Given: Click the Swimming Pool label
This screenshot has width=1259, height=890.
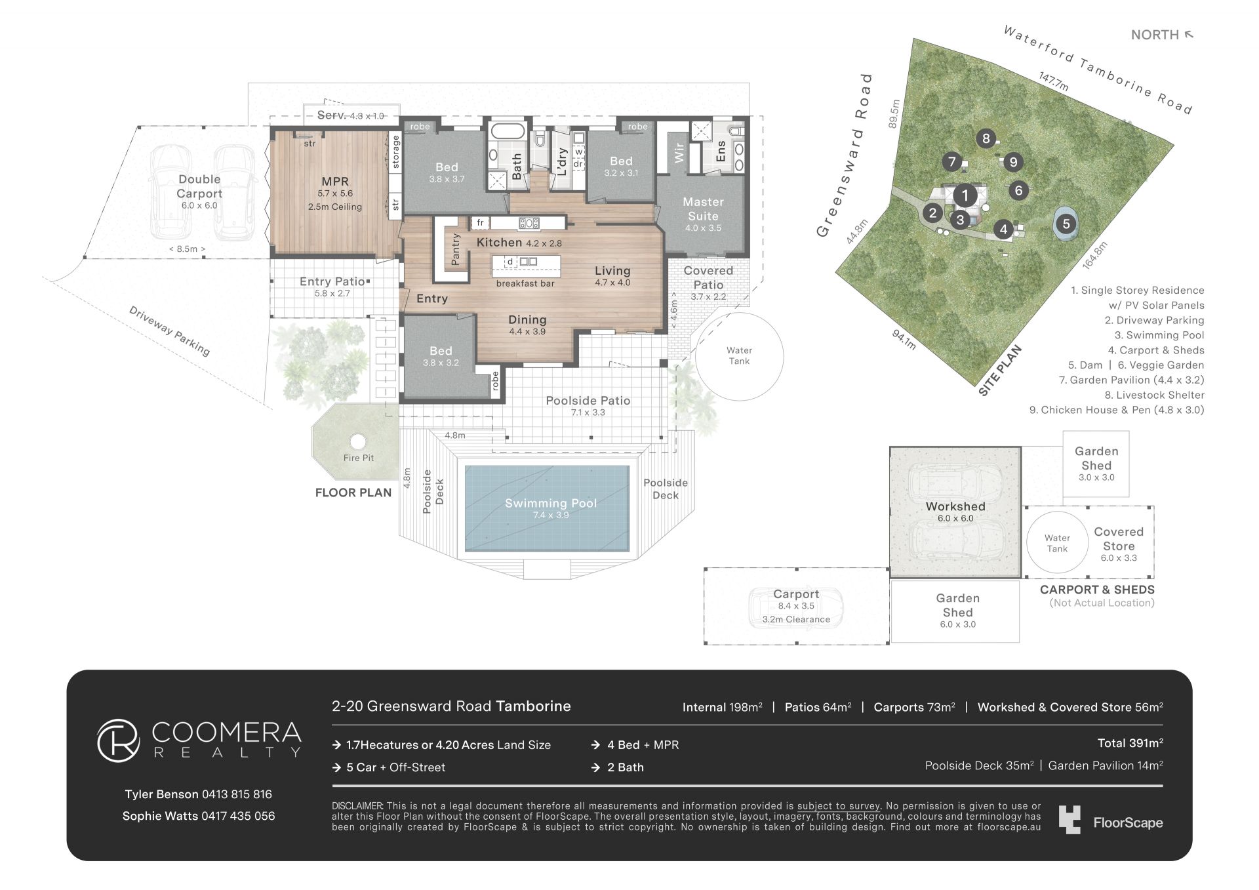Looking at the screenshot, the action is click(x=551, y=503).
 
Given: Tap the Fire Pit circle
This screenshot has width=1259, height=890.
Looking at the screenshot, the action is click(x=358, y=441).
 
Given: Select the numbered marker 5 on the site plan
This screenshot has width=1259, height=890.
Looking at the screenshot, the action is click(x=1066, y=224).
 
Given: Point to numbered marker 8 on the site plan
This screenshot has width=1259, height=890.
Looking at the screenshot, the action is click(x=986, y=138).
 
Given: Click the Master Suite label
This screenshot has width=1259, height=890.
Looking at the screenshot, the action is click(x=703, y=209).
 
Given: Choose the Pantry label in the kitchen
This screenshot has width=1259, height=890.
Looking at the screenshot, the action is click(x=456, y=249).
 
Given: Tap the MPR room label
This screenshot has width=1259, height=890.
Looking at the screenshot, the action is click(x=335, y=182).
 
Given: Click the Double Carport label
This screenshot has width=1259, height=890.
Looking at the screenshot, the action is click(x=199, y=186).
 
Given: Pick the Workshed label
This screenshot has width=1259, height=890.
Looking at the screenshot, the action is click(x=955, y=506).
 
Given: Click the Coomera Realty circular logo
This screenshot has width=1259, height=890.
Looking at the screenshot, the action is click(x=119, y=740).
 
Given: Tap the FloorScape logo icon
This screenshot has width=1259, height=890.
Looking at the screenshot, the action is click(x=1069, y=820).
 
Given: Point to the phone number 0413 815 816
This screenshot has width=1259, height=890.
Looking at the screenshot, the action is click(x=237, y=794).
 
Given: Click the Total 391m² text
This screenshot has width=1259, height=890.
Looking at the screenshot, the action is click(x=1130, y=743).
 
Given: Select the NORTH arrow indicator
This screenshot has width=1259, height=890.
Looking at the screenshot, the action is click(x=1188, y=35).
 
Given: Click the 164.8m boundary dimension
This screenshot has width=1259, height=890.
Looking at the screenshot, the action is click(x=1094, y=255).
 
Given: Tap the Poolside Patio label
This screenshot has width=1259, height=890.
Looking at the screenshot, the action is click(x=588, y=401).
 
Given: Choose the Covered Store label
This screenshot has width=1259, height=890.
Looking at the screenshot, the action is click(x=1119, y=539).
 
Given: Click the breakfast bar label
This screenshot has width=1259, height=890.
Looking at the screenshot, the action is click(x=525, y=283).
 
